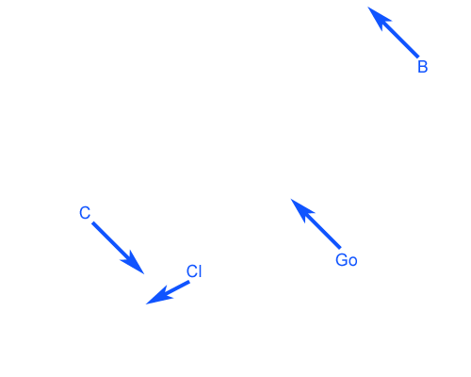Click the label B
coord(423,67)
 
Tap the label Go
coord(347,260)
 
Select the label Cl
coord(194,271)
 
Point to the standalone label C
coord(85,213)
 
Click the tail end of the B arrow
coord(418,57)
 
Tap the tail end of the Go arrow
coord(340,248)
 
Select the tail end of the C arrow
coord(92,222)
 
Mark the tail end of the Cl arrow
coord(189,282)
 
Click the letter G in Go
coord(341,260)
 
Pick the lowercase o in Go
coord(353,262)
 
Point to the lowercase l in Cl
coord(200,271)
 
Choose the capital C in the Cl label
coord(192,271)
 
